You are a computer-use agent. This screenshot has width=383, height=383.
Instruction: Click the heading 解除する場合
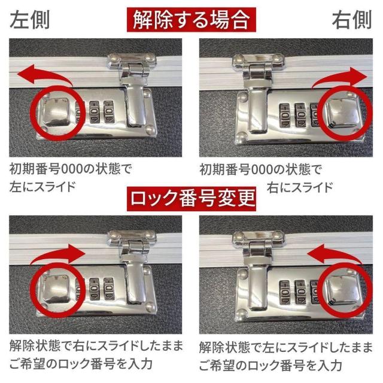(191, 19)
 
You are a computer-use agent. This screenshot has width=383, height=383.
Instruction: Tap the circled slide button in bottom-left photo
(58, 290)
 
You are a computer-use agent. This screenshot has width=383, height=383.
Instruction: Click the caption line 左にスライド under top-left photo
(42, 186)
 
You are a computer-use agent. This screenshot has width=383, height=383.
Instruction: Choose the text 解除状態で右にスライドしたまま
(96, 346)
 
